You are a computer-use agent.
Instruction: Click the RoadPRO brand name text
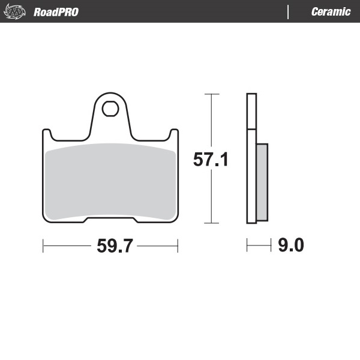(x=56, y=12)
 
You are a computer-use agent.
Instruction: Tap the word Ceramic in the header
(x=331, y=12)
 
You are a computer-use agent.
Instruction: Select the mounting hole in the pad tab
(x=111, y=109)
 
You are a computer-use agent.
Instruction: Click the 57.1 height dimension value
(x=211, y=160)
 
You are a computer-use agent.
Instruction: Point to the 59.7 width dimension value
(x=111, y=245)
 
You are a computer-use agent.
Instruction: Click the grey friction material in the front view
(x=111, y=181)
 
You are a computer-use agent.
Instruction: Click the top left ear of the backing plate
(x=46, y=135)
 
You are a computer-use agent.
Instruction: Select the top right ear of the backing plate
(x=175, y=135)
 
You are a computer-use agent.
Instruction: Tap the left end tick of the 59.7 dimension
(x=43, y=245)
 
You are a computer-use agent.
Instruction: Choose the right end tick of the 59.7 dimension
(x=178, y=245)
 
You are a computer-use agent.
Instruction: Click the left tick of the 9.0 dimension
(x=247, y=245)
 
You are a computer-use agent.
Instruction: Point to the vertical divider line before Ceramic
(x=289, y=12)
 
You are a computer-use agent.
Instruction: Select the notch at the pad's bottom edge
(x=111, y=220)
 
